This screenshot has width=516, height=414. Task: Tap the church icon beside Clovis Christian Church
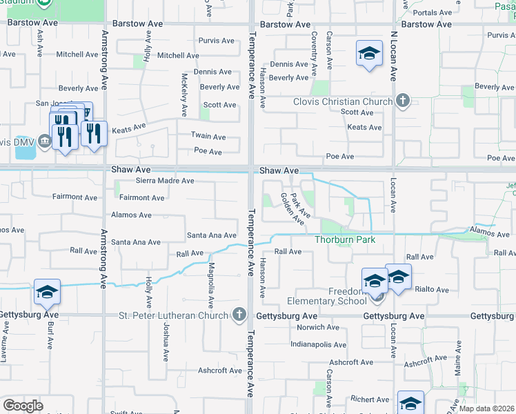404,101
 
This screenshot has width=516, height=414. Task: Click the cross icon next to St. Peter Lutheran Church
239,315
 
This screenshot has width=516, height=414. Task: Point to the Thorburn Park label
345,240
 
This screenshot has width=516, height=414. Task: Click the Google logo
23,406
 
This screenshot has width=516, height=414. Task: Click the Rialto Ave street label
433,290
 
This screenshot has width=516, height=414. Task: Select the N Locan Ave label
394,56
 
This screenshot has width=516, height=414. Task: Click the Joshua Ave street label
166,342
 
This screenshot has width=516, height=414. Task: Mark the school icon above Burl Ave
47,293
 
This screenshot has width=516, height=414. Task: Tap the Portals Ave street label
432,12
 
